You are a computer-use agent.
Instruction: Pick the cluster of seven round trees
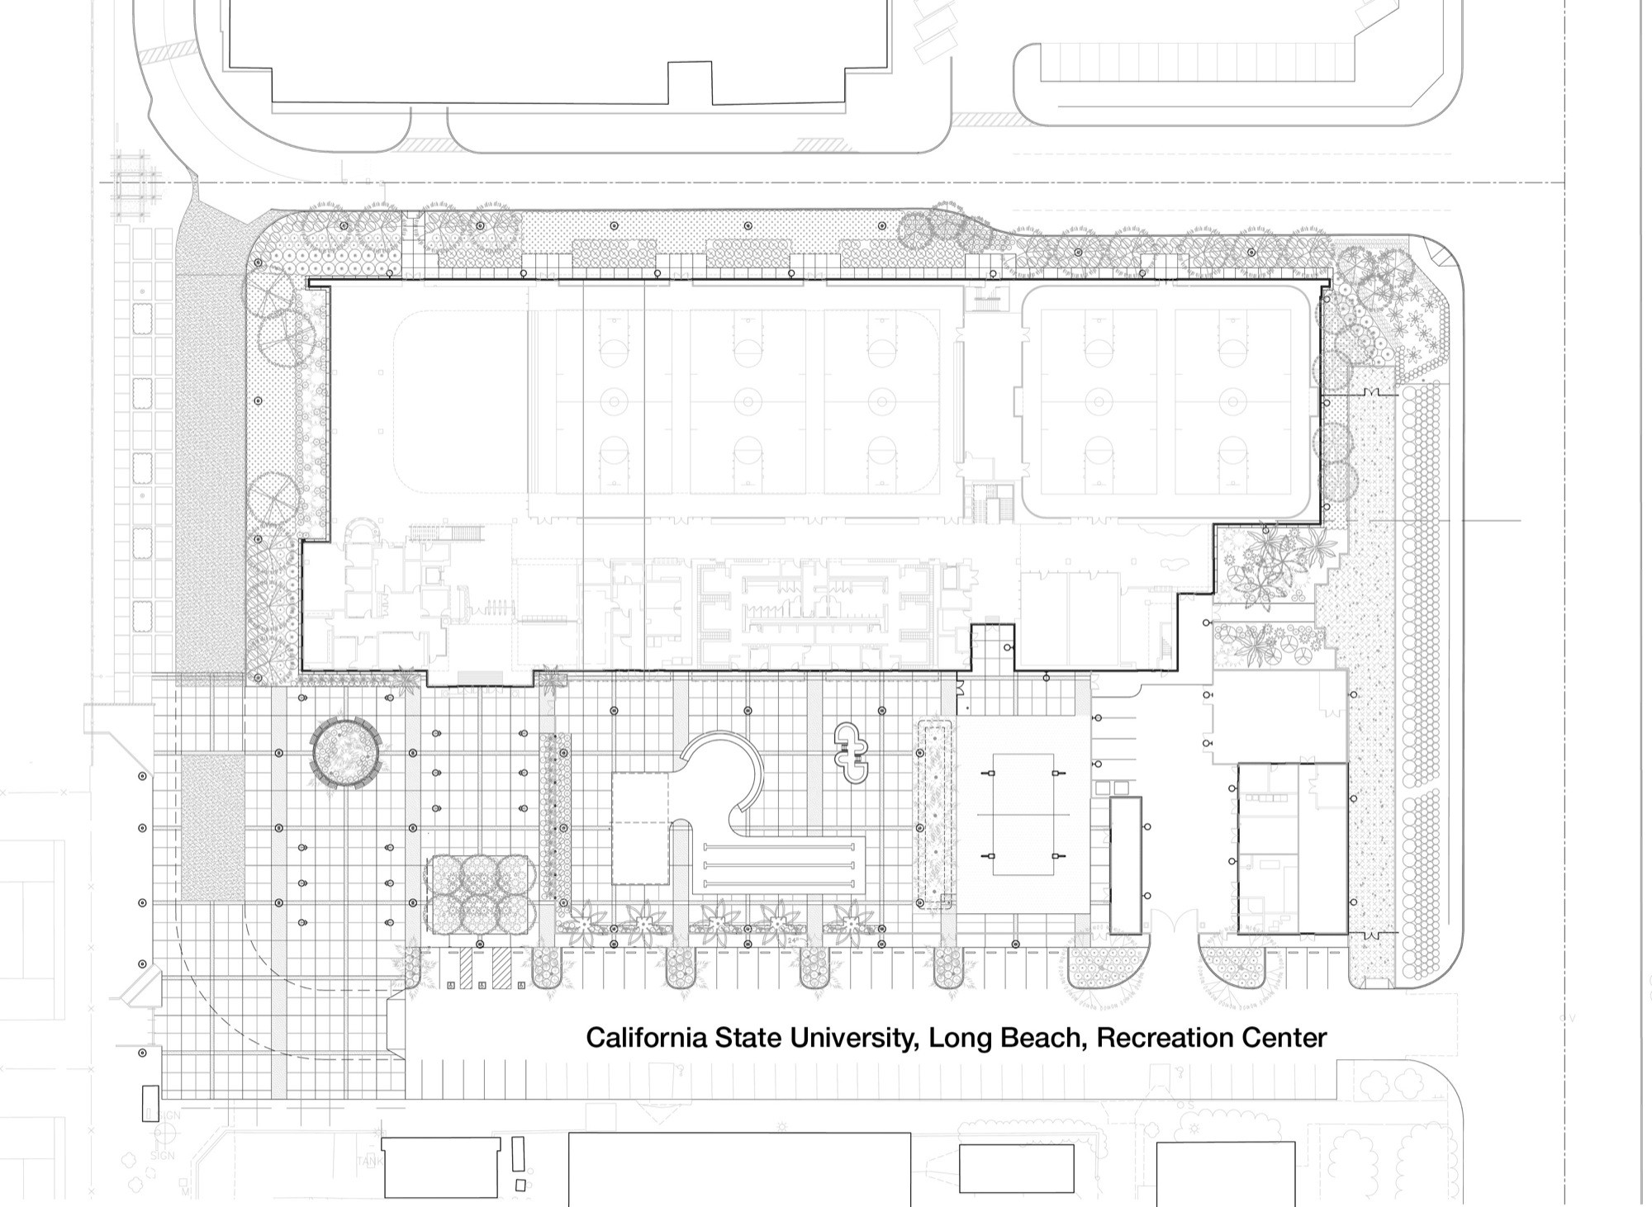(x=481, y=893)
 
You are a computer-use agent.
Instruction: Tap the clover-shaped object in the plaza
(x=852, y=752)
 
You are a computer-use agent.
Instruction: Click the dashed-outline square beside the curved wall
(x=640, y=828)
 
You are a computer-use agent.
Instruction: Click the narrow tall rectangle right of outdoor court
(x=1125, y=864)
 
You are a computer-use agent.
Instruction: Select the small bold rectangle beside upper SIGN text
(x=150, y=1103)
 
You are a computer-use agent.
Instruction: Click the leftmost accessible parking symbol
(x=450, y=985)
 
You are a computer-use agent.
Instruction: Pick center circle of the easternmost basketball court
(x=1232, y=402)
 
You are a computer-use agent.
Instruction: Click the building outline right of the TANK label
(x=440, y=1167)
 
